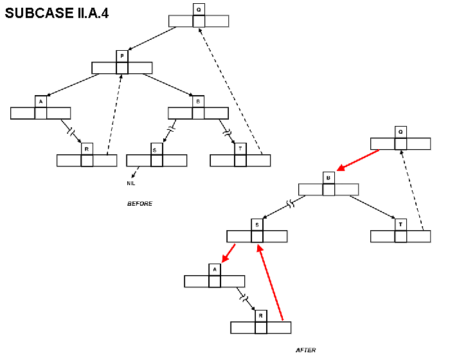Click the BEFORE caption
(139, 204)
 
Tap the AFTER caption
(305, 350)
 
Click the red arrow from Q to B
(358, 160)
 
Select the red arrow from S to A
(228, 253)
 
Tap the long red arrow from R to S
(271, 283)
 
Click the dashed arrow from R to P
(114, 109)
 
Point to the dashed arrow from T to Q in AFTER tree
(412, 190)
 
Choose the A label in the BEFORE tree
(40, 102)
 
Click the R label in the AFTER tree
(260, 316)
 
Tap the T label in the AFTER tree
(401, 224)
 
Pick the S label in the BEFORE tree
(154, 149)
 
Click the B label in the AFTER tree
(328, 177)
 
